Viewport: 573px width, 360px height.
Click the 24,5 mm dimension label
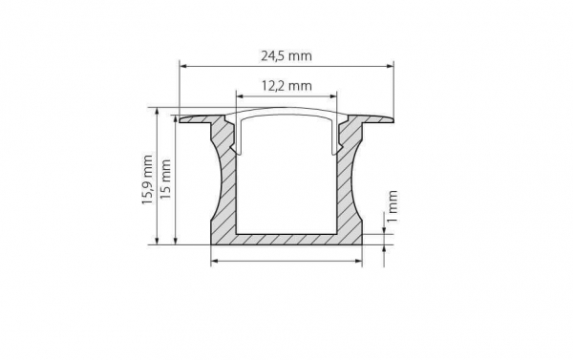pyautogui.click(x=286, y=56)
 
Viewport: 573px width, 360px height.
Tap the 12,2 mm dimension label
pyautogui.click(x=286, y=86)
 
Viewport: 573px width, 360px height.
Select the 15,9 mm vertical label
pyautogui.click(x=148, y=180)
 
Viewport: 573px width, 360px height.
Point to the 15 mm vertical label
pyautogui.click(x=166, y=179)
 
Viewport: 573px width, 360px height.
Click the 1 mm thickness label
pyautogui.click(x=392, y=206)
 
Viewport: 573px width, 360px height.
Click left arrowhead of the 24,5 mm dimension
pyautogui.click(x=183, y=66)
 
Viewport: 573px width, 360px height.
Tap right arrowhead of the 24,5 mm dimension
pyautogui.click(x=390, y=66)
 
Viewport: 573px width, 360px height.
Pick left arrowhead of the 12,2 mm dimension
pyautogui.click(x=241, y=96)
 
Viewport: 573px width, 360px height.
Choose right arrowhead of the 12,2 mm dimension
pyautogui.click(x=332, y=96)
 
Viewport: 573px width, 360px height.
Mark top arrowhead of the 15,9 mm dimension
pyautogui.click(x=158, y=112)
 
